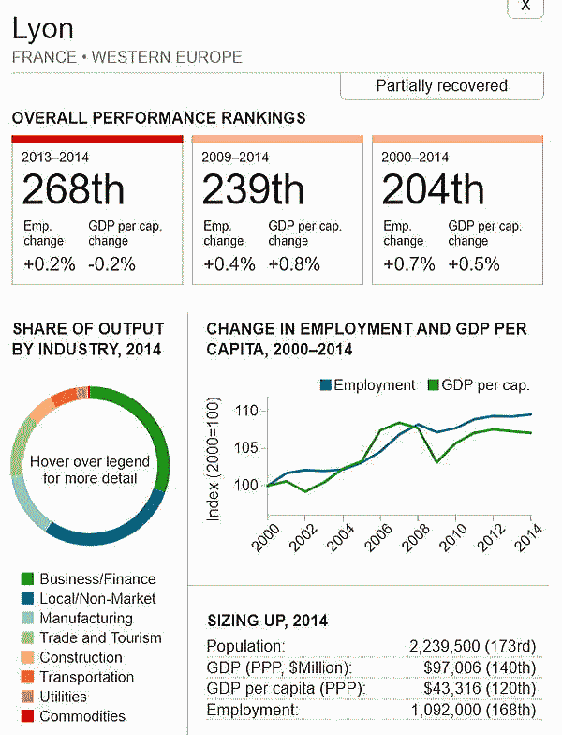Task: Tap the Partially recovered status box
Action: [441, 85]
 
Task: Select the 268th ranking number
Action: [73, 190]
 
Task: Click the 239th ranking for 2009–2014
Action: [253, 190]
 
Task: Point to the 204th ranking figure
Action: [433, 190]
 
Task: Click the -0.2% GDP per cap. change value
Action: [111, 264]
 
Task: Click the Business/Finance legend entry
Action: [97, 579]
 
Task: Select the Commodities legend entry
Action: [82, 717]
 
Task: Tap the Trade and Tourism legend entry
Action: [100, 638]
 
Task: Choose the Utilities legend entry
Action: [64, 697]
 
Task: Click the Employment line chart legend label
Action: [374, 385]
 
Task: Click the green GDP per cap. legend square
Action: [434, 385]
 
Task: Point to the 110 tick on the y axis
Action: [244, 411]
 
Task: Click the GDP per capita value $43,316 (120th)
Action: [485, 689]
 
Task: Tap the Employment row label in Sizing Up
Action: [252, 711]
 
